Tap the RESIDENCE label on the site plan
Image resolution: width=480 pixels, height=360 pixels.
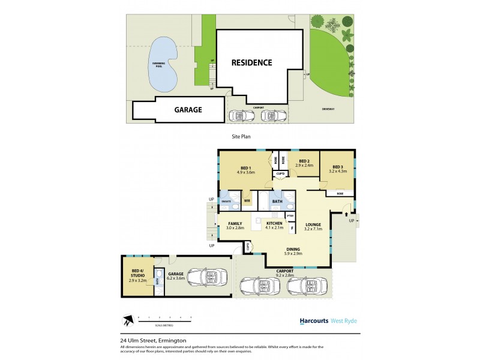(252, 62)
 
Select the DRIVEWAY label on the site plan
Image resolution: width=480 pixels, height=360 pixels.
(328, 109)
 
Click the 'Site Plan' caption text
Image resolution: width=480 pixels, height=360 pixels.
(241, 137)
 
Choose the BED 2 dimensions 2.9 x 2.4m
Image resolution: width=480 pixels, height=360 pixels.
(304, 165)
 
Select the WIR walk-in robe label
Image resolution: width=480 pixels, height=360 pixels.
(246, 200)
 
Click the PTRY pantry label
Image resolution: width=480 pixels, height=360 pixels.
(290, 216)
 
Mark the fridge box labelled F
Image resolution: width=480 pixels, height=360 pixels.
(292, 227)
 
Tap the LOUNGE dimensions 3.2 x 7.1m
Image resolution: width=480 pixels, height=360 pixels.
(313, 229)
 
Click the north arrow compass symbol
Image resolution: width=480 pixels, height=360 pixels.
(126, 320)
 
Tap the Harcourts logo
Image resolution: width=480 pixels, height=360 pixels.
(314, 321)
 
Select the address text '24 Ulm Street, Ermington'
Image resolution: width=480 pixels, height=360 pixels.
(153, 341)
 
